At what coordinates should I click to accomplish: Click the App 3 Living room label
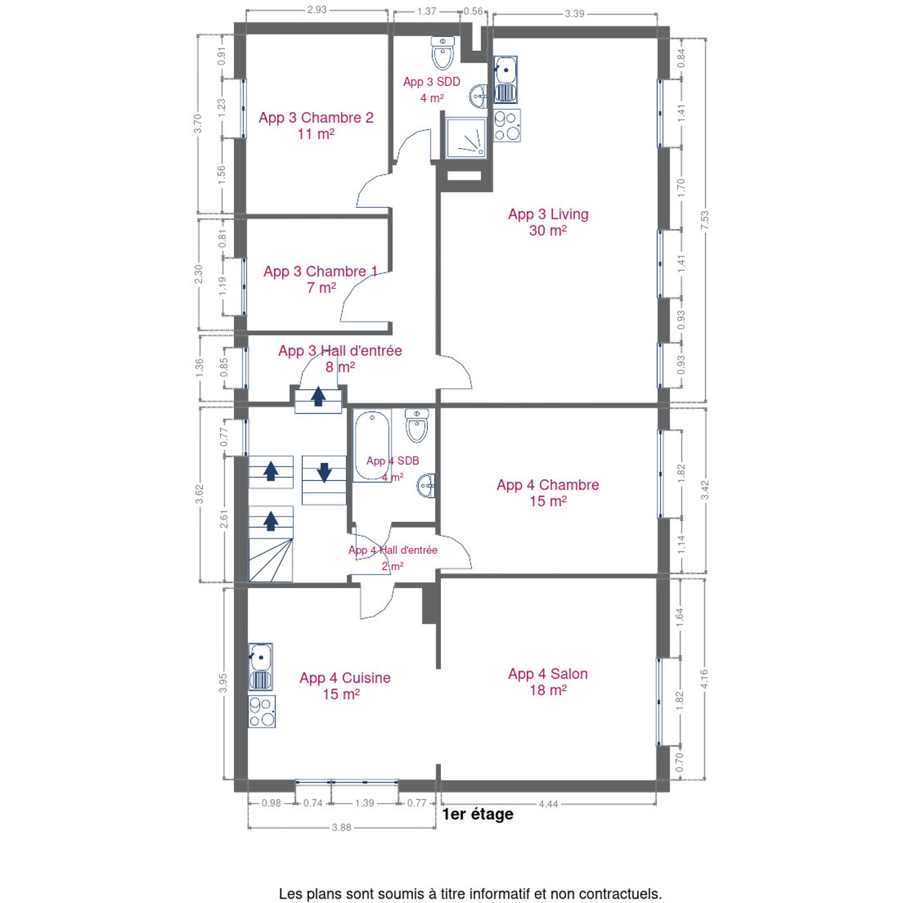(x=547, y=222)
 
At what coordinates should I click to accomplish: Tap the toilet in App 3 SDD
(x=442, y=53)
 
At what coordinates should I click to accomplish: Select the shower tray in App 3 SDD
(x=466, y=138)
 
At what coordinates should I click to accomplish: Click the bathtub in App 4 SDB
(x=372, y=445)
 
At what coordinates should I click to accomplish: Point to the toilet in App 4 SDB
(x=416, y=426)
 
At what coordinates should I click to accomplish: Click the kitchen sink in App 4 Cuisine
(x=260, y=667)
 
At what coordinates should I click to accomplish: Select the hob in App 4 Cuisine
(x=261, y=712)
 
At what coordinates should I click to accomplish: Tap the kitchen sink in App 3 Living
(x=505, y=80)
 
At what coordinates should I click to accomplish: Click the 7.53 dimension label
(x=704, y=220)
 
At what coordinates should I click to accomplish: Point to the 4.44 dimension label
(x=548, y=804)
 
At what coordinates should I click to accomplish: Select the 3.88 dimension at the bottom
(x=341, y=828)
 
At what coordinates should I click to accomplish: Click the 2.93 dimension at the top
(x=317, y=10)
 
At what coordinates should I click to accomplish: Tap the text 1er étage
(x=478, y=814)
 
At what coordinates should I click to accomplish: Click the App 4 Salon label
(x=548, y=682)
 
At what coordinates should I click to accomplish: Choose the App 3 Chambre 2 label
(x=316, y=125)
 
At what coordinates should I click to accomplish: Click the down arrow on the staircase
(x=324, y=472)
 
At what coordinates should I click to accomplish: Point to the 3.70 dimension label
(x=198, y=124)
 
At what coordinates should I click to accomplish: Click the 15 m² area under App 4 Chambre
(x=548, y=502)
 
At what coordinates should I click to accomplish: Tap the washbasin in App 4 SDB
(x=426, y=486)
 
